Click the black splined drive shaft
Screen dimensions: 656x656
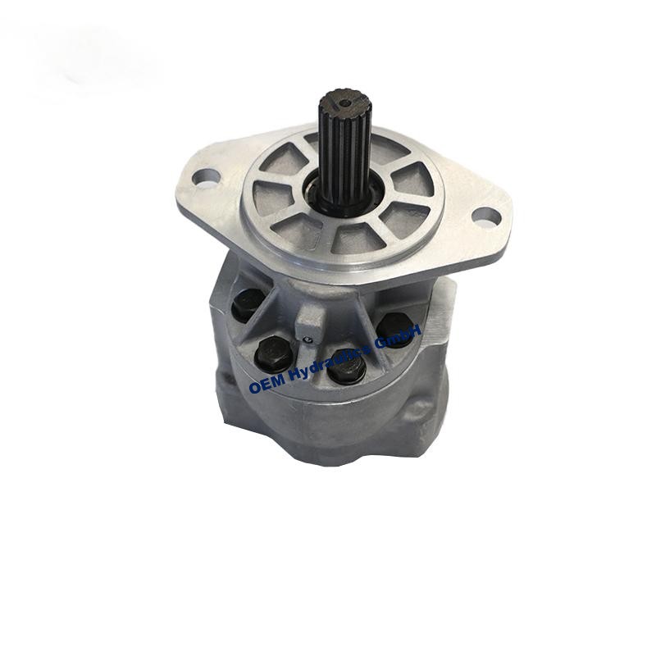click(343, 147)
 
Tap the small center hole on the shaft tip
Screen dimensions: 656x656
click(345, 102)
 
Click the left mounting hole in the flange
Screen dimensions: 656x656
click(206, 178)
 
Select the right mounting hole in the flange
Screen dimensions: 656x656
click(486, 216)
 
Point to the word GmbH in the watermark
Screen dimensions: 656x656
click(398, 334)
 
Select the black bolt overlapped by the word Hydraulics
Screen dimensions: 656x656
click(347, 368)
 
